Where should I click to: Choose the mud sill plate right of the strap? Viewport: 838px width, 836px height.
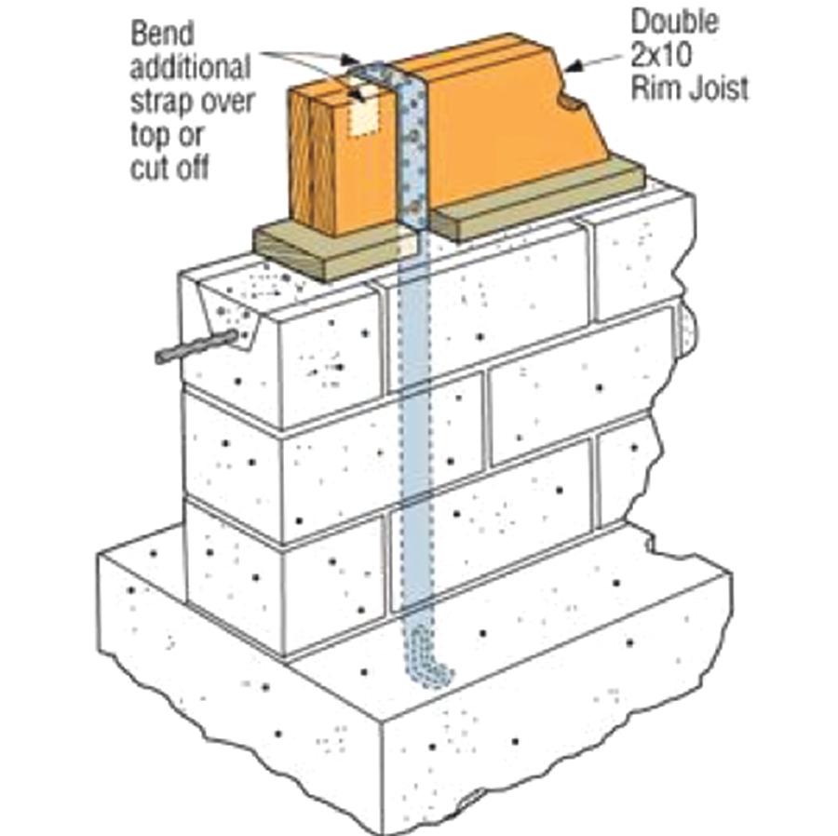pos(540,200)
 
